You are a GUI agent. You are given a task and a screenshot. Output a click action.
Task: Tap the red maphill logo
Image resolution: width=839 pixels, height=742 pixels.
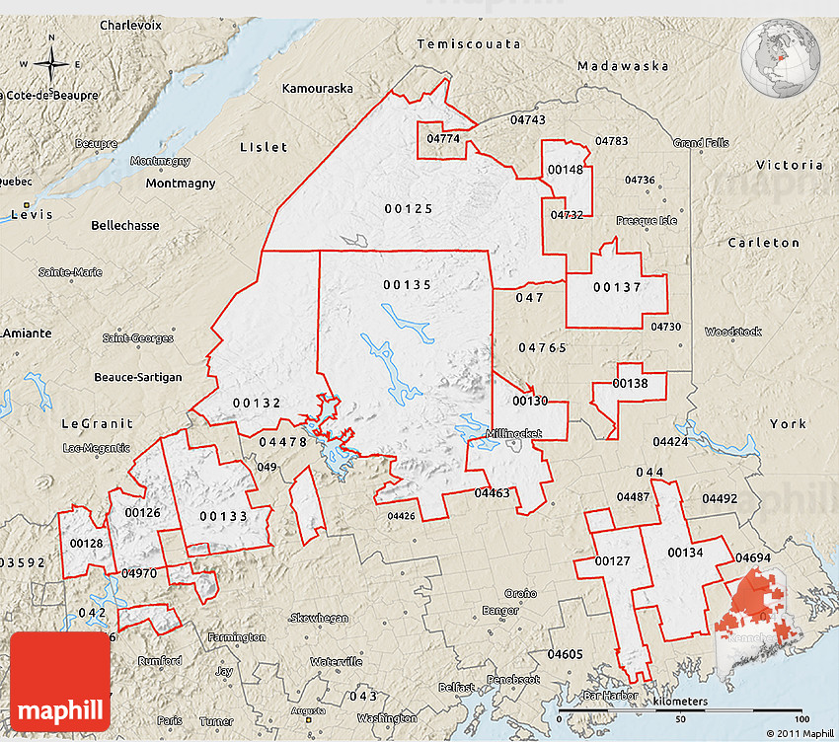coord(60,682)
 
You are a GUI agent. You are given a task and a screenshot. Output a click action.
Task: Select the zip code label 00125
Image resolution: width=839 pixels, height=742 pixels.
coord(409,208)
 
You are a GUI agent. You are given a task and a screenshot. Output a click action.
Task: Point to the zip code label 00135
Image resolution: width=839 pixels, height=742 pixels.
coord(408,284)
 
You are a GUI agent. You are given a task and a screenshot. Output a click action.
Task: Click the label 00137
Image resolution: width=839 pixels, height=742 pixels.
coord(617,288)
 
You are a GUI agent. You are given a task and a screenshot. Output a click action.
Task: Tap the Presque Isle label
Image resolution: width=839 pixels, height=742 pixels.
coord(647,220)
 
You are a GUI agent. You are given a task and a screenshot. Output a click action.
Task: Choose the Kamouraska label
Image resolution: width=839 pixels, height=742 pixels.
coord(317,88)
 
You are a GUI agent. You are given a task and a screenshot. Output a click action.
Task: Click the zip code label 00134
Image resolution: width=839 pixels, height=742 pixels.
coord(685,553)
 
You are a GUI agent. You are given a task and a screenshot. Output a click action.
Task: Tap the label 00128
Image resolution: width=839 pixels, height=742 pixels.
coord(86,544)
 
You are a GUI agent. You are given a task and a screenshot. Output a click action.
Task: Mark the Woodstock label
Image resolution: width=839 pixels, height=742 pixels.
coord(733,332)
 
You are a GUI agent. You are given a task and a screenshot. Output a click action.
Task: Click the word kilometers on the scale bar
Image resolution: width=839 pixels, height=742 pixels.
coord(680,702)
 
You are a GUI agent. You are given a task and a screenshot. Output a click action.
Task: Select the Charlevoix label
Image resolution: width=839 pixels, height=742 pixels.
coord(130,24)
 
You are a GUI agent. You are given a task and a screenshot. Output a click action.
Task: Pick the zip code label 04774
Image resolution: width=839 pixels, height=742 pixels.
coord(443,139)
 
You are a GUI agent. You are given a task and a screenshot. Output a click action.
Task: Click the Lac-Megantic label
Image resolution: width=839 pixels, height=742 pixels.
coord(97,448)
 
